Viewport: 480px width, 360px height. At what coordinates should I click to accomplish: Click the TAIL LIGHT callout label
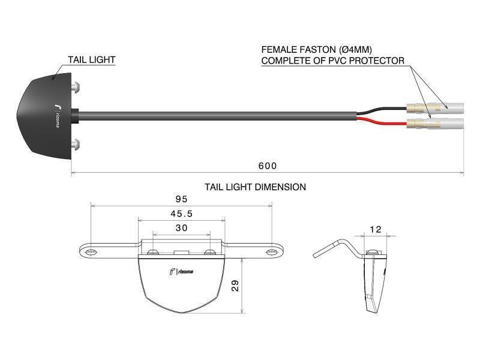92,59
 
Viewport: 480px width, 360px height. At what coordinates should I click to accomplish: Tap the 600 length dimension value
268,166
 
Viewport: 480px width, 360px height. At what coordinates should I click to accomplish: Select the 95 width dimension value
181,199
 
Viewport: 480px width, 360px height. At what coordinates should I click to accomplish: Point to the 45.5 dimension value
182,214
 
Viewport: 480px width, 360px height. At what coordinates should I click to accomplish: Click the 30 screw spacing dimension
182,228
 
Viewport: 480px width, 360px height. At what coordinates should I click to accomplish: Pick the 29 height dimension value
235,286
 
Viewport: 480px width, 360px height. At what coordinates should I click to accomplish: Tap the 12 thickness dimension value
376,229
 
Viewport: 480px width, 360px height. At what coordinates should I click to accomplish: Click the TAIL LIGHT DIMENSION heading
255,187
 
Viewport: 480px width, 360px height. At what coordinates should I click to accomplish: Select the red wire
382,122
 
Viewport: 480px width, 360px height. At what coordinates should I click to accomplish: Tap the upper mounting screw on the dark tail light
76,86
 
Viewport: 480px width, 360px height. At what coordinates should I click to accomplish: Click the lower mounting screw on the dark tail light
76,145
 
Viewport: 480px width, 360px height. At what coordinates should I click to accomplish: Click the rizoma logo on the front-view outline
181,272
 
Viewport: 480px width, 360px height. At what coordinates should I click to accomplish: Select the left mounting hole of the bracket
91,252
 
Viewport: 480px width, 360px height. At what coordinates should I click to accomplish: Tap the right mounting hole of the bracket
271,252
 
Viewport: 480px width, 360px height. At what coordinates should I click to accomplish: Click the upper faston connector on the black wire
435,108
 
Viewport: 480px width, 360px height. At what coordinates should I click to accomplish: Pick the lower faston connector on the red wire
435,124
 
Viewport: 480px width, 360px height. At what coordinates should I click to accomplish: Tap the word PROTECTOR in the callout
377,61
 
